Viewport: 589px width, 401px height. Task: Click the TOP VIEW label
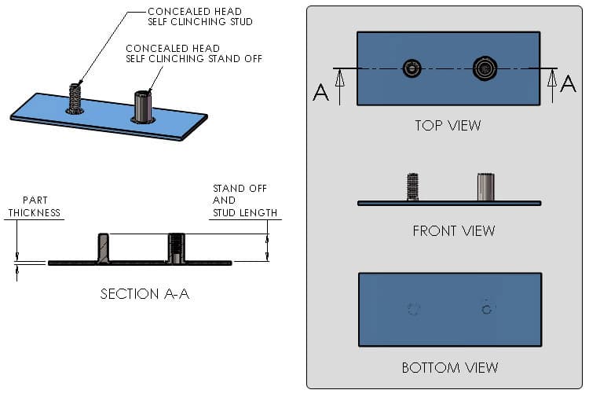[448, 125]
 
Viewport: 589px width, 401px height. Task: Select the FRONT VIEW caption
[453, 230]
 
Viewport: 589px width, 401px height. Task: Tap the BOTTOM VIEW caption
[449, 367]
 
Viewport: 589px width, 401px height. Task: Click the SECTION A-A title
[145, 294]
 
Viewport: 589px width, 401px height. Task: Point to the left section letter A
[320, 93]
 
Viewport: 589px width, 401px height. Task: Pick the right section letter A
[568, 84]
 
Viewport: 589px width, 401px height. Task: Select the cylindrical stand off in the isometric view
[143, 107]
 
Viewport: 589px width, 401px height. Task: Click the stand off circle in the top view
[485, 68]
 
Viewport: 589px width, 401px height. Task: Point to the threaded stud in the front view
[412, 187]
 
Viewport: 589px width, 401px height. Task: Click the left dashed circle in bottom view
[414, 309]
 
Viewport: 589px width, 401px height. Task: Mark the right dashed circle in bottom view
[487, 309]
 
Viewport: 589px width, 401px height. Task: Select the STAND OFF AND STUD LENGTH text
[244, 200]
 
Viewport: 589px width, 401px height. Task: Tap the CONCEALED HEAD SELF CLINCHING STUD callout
[200, 17]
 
